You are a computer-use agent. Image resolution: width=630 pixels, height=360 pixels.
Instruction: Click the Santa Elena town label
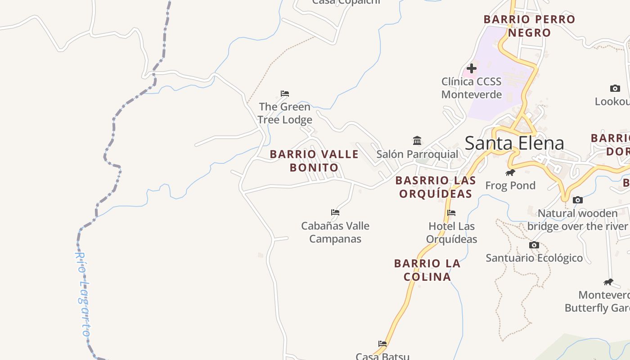(514, 143)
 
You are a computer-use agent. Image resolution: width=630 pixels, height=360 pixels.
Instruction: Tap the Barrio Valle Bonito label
(314, 161)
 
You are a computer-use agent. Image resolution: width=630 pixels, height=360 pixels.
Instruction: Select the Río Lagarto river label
(82, 293)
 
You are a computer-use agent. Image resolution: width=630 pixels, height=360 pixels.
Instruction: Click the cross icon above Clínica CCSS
(472, 68)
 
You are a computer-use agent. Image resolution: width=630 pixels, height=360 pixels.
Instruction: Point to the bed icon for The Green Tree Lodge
(285, 94)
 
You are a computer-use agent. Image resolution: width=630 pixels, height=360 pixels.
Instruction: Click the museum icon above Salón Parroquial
(417, 141)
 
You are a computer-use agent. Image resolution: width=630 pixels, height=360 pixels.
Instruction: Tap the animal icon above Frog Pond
(510, 172)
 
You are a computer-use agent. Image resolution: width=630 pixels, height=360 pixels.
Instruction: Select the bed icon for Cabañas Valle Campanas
(335, 212)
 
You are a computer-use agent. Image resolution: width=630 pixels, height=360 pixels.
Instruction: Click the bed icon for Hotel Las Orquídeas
(451, 213)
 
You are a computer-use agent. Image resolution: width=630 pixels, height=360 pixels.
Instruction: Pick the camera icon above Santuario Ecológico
(534, 245)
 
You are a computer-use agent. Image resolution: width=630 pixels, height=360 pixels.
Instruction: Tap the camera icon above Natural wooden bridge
(578, 200)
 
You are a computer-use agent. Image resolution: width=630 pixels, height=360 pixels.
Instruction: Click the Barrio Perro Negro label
(529, 26)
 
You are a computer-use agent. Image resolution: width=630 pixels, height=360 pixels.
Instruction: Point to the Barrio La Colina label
(427, 270)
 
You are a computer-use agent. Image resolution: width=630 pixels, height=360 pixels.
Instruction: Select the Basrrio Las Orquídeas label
(436, 187)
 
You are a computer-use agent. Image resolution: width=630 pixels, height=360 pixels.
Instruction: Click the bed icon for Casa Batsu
(382, 344)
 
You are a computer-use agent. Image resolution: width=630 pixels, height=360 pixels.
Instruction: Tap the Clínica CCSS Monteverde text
(471, 88)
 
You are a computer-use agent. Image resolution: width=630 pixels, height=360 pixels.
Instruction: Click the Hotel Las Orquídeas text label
(451, 232)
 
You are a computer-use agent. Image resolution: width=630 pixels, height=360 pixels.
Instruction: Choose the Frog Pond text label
(510, 185)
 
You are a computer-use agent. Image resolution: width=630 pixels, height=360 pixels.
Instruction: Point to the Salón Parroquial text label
(417, 154)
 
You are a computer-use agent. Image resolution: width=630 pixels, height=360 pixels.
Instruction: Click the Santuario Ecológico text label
(534, 258)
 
